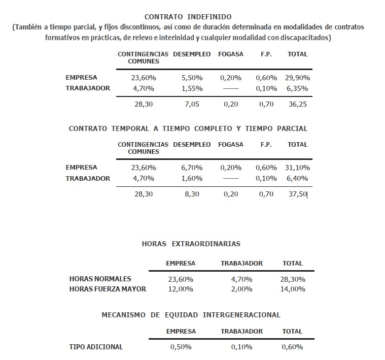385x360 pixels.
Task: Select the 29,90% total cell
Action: coord(297,78)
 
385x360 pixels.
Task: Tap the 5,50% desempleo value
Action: coord(192,78)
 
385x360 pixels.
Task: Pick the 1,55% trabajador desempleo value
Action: coord(192,88)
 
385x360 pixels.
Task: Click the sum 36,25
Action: coord(297,105)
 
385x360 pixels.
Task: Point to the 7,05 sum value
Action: coord(192,105)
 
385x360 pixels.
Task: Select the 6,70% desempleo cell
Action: coord(192,168)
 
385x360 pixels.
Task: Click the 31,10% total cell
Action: coord(297,168)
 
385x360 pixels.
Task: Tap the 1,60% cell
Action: coord(192,178)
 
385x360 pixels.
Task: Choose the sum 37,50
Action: coord(297,194)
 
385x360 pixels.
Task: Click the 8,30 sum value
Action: coord(192,194)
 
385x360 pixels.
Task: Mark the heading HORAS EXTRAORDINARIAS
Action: coord(191,244)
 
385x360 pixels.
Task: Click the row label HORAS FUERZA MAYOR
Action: coord(108,289)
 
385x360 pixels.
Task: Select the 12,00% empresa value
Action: coord(181,289)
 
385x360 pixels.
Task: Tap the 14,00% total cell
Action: coord(293,289)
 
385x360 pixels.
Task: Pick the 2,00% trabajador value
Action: coord(241,289)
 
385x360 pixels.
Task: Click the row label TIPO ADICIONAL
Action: coord(96,347)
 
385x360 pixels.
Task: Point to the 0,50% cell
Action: coord(181,347)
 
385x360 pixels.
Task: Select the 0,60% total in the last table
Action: coord(293,347)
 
